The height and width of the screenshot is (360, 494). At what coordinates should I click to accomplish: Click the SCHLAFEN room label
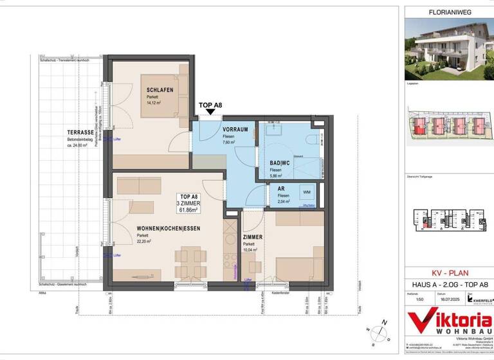[160, 90]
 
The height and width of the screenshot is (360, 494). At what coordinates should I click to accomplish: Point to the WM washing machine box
[306, 192]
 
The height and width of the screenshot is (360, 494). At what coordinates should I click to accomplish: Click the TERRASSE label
[81, 132]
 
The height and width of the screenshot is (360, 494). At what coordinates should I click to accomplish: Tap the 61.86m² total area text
[190, 210]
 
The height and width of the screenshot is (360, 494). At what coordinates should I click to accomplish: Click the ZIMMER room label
[252, 237]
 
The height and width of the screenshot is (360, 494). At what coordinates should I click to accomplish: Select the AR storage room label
[281, 188]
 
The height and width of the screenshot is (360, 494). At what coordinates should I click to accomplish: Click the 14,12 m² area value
[155, 102]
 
